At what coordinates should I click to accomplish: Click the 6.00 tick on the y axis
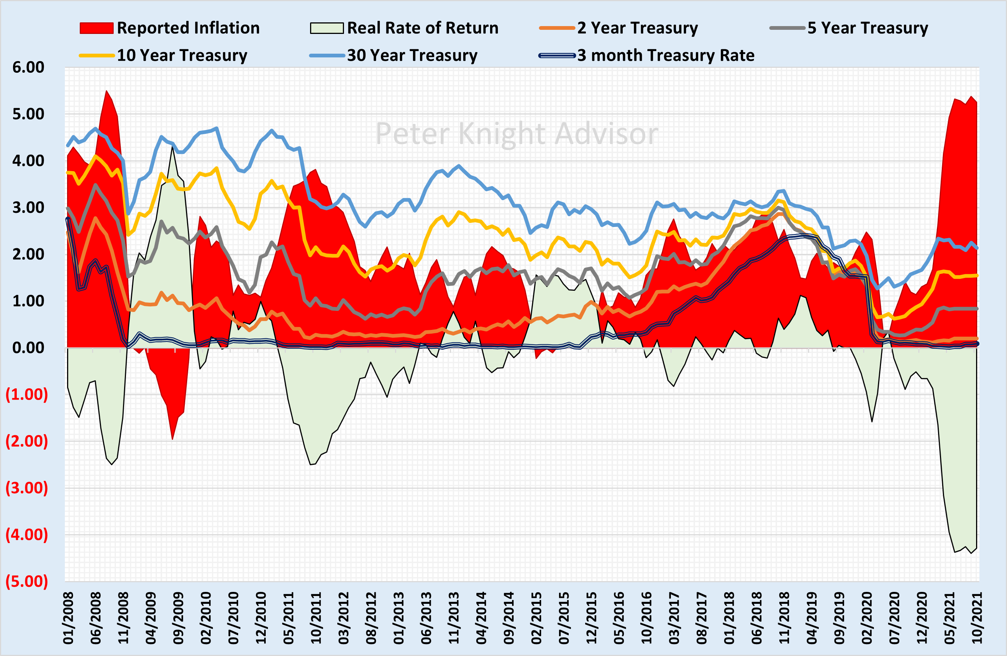pyautogui.click(x=28, y=67)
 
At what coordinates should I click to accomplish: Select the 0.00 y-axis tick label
pyautogui.click(x=28, y=348)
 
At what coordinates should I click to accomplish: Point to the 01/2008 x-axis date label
pyautogui.click(x=68, y=618)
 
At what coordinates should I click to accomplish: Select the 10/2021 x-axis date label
pyautogui.click(x=976, y=618)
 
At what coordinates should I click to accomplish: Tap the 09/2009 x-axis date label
pyautogui.click(x=178, y=618)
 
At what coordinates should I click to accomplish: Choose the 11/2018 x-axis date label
pyautogui.click(x=784, y=618)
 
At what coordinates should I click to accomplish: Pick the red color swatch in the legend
pyautogui.click(x=97, y=28)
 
